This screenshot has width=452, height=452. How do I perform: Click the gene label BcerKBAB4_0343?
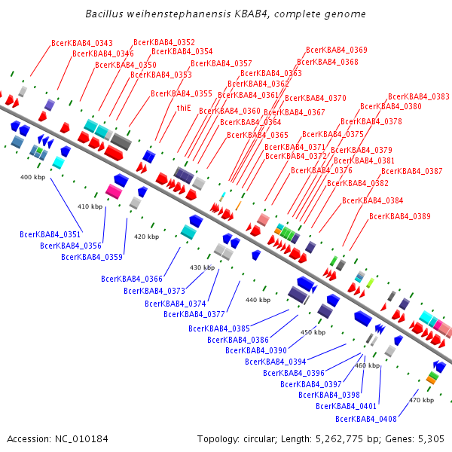tap(82, 44)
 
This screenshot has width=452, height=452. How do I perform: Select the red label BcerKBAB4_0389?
tap(400, 217)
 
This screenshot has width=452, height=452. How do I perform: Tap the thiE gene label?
tap(184, 108)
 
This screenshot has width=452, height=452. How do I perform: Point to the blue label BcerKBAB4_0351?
tap(50, 234)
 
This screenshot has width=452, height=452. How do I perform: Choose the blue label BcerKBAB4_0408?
tap(366, 419)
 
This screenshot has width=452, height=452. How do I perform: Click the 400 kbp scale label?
tap(32, 177)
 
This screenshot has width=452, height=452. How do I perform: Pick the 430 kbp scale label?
tap(202, 267)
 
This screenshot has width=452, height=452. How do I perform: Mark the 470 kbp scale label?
tap(420, 400)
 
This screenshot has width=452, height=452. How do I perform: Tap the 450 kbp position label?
tap(313, 332)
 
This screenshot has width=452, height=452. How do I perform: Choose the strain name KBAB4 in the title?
tap(243, 14)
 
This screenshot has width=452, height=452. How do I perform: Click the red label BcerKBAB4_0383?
tap(419, 96)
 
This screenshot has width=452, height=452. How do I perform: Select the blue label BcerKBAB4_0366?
tap(132, 279)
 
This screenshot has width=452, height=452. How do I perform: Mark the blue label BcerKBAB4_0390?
tap(256, 350)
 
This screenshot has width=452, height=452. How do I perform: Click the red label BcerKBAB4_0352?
tap(164, 42)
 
